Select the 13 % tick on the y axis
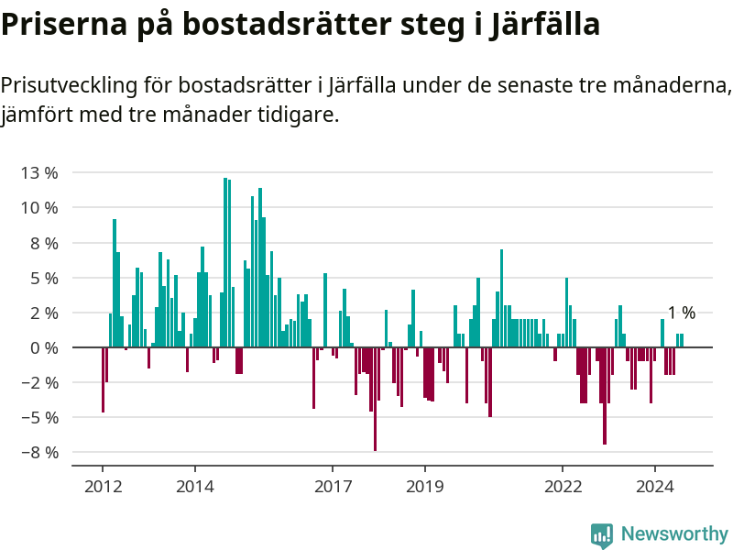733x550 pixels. [39, 173]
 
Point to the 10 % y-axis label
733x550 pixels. [39, 208]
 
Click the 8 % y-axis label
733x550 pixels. [43, 243]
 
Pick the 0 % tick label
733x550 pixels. [43, 348]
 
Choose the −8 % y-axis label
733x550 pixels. [39, 453]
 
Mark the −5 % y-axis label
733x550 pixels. [39, 418]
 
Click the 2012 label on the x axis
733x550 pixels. [103, 486]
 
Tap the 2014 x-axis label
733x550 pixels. [194, 486]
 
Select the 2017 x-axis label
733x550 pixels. [333, 486]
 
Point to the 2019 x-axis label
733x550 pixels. [424, 486]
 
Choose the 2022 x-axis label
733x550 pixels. [563, 486]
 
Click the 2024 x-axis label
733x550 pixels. [655, 486]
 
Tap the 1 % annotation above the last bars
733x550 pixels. [681, 313]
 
